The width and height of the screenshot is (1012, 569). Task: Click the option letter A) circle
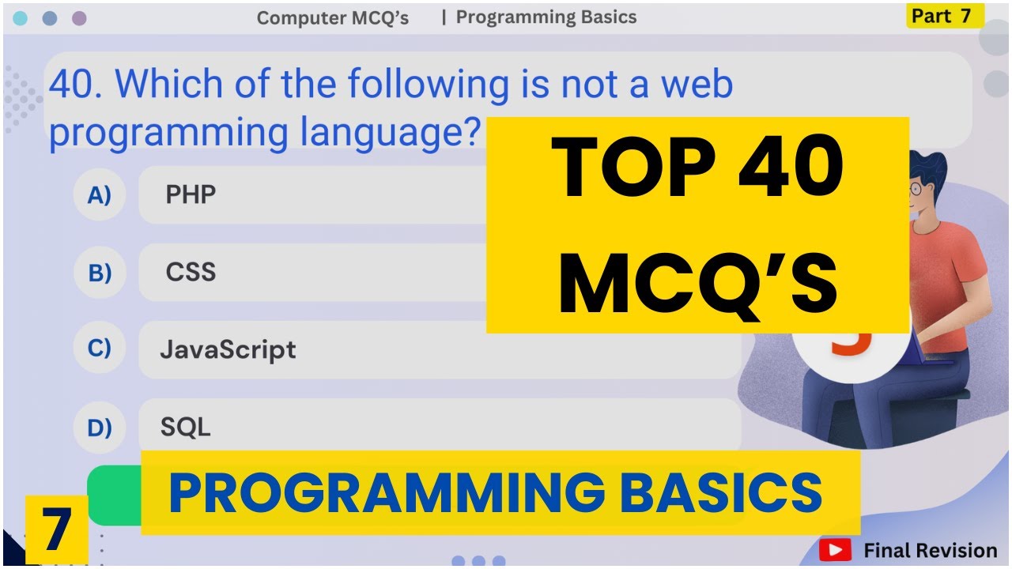pos(100,194)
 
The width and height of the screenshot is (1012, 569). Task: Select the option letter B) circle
pos(100,273)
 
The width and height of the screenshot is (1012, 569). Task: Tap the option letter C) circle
pos(100,349)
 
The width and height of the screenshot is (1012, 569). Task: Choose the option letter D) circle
pos(100,428)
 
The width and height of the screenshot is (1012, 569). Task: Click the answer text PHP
pos(191,194)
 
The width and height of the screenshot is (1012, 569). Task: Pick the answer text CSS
pos(191,273)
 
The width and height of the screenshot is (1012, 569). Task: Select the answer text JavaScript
pos(228,349)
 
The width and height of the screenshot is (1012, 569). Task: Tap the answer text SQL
pos(186,428)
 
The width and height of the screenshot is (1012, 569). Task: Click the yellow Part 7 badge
pos(944,16)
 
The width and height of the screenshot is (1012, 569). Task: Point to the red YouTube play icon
pos(835,550)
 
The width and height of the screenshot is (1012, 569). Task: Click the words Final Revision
pos(930,550)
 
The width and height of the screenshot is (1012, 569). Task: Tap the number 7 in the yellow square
pos(56,530)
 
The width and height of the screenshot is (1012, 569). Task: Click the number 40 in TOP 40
pos(791,168)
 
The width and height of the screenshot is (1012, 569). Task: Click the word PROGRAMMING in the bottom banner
pos(387,492)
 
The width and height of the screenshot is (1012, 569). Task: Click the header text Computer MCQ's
pos(333,18)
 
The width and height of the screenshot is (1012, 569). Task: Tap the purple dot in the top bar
pos(79,18)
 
